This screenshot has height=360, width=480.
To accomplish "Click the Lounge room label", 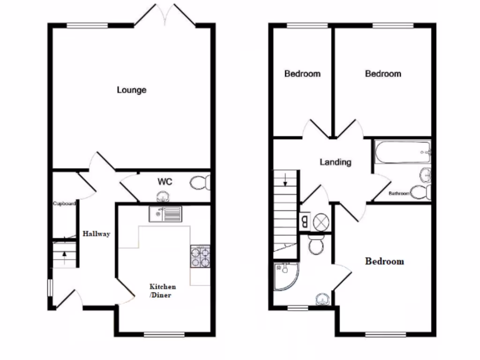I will click(132, 90).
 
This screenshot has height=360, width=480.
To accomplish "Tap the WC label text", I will click(165, 181).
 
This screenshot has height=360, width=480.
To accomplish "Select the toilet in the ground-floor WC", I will click(201, 182).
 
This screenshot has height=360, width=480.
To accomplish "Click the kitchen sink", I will click(165, 214).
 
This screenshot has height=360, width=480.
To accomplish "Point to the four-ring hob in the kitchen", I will click(200, 256).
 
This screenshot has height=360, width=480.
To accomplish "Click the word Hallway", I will click(97, 233).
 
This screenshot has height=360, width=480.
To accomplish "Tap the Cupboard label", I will click(64, 204).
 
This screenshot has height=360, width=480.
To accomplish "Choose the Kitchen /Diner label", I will click(163, 290).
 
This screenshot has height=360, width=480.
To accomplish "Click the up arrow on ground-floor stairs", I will click(64, 256).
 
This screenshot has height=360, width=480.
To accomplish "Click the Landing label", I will click(336, 162).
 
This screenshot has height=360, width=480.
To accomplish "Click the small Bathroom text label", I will click(399, 193).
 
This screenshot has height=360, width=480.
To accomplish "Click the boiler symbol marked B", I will click(305, 221).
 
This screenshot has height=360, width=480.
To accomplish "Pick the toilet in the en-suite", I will click(316, 245).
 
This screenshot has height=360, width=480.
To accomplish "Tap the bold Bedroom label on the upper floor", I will click(384, 261).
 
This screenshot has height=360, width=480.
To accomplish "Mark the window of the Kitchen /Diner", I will click(164, 334).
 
